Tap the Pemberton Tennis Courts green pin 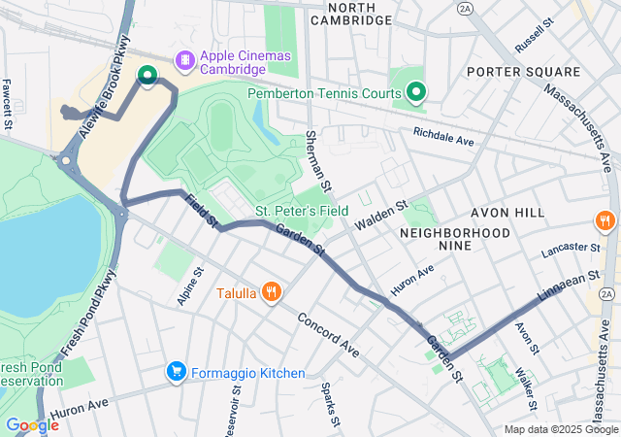[x=416, y=92]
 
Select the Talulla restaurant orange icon [x=272, y=291]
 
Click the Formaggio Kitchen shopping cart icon [x=176, y=372]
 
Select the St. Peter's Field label [x=302, y=210]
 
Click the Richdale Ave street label [x=442, y=136]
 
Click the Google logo [x=32, y=425]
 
